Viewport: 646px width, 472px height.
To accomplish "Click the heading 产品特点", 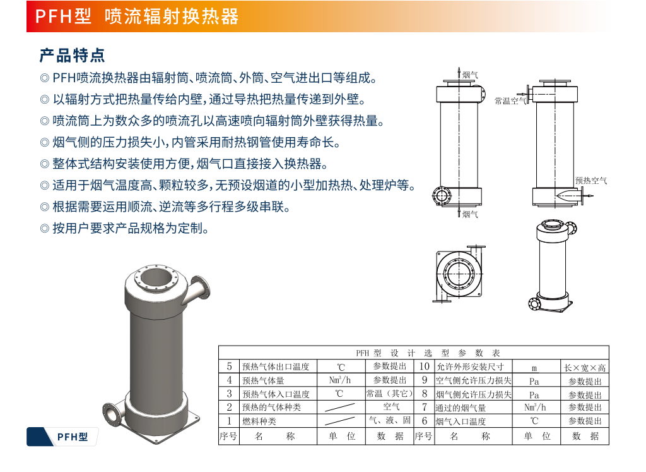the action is [72, 55].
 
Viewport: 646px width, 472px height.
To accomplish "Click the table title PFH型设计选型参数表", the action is [428, 353].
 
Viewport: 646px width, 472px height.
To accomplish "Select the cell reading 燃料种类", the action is [259, 421].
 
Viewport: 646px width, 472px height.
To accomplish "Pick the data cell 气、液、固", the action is [390, 420].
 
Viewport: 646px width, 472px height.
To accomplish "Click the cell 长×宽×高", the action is [585, 368].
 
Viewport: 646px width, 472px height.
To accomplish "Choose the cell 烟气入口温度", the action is [461, 421].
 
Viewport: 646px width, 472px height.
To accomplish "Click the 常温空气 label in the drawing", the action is [510, 100].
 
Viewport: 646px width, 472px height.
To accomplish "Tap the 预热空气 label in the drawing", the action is [590, 180].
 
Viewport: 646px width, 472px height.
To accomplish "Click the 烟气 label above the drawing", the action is [470, 75].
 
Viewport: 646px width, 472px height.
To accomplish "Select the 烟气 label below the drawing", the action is [470, 214].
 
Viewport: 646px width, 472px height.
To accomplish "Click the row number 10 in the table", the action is [425, 366].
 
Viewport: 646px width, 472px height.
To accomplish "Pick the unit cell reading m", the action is [534, 368].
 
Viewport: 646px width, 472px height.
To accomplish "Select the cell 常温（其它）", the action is [389, 394].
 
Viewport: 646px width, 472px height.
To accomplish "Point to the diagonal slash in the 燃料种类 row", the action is [339, 421].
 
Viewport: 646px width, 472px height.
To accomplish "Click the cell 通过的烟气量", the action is [461, 408].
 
